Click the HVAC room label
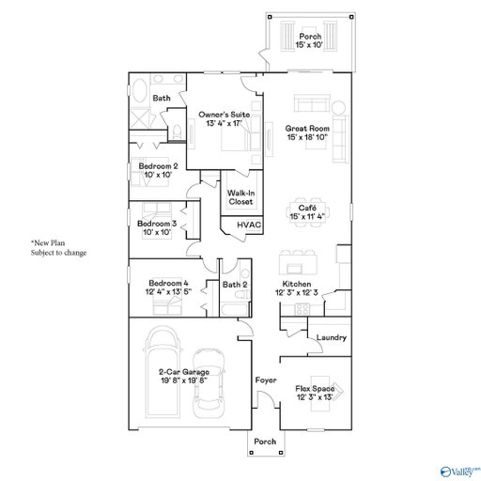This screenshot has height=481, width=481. [249, 225]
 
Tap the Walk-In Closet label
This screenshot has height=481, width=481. [240, 197]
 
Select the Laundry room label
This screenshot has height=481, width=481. [332, 337]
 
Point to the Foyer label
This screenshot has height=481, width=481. [266, 380]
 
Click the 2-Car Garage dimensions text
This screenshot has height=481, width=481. [184, 380]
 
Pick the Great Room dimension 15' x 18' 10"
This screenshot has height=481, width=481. [307, 137]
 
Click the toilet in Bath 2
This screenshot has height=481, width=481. [242, 295]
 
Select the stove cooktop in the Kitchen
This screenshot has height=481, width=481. [303, 309]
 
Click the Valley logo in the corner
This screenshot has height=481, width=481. [460, 471]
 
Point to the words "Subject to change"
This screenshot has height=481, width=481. [58, 253]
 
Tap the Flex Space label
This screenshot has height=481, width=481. [315, 389]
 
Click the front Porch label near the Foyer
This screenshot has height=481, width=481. [265, 442]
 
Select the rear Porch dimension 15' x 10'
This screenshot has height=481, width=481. [309, 45]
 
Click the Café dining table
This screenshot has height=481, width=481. [307, 212]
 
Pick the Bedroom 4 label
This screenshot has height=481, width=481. [168, 283]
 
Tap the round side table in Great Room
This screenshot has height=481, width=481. [338, 108]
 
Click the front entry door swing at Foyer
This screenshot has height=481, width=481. [268, 397]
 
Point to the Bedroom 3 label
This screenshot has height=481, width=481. [157, 224]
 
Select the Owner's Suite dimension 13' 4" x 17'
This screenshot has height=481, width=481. [225, 123]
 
